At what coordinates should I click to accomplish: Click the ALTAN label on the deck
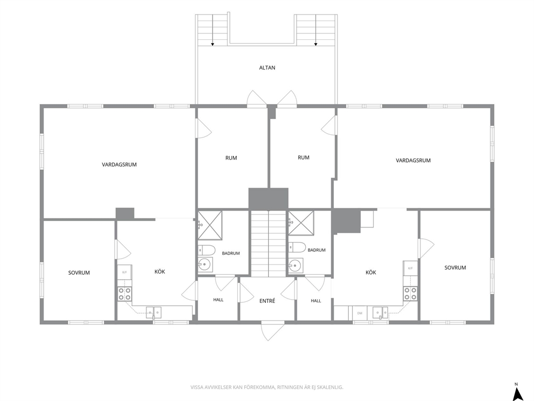[x=267, y=67]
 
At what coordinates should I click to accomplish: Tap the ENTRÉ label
[x=267, y=301]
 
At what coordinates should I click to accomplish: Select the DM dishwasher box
[x=360, y=313]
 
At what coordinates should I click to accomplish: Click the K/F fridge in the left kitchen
[x=125, y=272]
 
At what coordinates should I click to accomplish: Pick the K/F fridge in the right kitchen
[x=410, y=268]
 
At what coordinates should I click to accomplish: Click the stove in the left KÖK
[x=125, y=294]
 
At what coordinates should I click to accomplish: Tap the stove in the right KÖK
[x=410, y=294]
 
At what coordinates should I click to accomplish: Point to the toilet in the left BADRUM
[x=207, y=250]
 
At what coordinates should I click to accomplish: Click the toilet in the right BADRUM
[x=297, y=247]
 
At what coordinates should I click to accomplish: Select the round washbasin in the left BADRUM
[x=205, y=264]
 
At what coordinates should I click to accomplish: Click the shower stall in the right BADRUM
[x=301, y=223]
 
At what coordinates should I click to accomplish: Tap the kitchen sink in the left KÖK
[x=153, y=313]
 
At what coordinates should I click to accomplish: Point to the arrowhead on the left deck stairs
[x=213, y=44]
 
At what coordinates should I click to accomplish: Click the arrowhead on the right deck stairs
[x=315, y=44]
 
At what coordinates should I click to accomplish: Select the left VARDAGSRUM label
[x=119, y=164]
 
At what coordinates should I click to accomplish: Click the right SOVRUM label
[x=455, y=268]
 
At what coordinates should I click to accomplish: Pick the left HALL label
[x=219, y=300]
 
